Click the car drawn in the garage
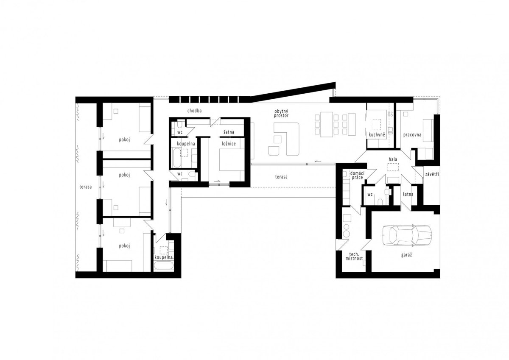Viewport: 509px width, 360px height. tap(407, 235)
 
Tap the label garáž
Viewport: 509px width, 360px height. tap(406, 255)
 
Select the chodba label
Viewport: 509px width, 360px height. tap(194, 111)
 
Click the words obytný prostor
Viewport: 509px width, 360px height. tap(281, 113)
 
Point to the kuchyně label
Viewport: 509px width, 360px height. tap(377, 135)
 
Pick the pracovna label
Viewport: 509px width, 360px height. tap(412, 135)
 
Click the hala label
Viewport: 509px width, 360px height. tap(393, 159)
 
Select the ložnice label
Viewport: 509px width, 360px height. tap(229, 144)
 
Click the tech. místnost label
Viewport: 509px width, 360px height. tap(354, 256)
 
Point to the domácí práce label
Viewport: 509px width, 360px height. tap(357, 175)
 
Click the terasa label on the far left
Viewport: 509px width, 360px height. tap(85, 187)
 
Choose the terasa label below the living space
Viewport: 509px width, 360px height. tap(281, 177)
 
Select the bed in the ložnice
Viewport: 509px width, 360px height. tap(232, 163)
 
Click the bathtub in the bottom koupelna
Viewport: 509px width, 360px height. tap(163, 266)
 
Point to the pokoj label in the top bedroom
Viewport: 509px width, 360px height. tap(124, 140)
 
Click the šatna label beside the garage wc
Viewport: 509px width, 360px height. tap(408, 195)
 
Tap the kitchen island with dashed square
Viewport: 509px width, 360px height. tap(376, 123)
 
